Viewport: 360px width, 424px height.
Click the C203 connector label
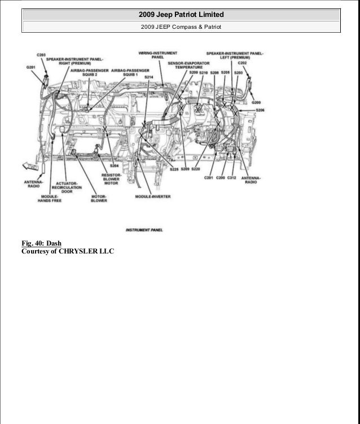click(42, 55)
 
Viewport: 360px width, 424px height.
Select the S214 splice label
click(149, 76)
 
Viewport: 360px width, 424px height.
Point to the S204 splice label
click(115, 166)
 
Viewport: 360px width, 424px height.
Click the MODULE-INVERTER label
click(153, 196)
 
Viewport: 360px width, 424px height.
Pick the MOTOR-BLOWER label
click(99, 199)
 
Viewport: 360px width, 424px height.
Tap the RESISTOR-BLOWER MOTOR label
click(111, 179)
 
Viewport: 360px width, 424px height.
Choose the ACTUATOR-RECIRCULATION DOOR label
click(67, 187)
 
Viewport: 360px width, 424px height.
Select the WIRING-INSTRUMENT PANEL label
click(154, 55)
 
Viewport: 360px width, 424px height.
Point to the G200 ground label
click(257, 103)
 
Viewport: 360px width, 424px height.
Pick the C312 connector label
click(231, 178)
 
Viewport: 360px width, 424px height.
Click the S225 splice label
click(174, 169)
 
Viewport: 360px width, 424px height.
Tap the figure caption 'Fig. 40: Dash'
click(41, 243)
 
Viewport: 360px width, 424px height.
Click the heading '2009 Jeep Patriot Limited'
click(181, 14)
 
